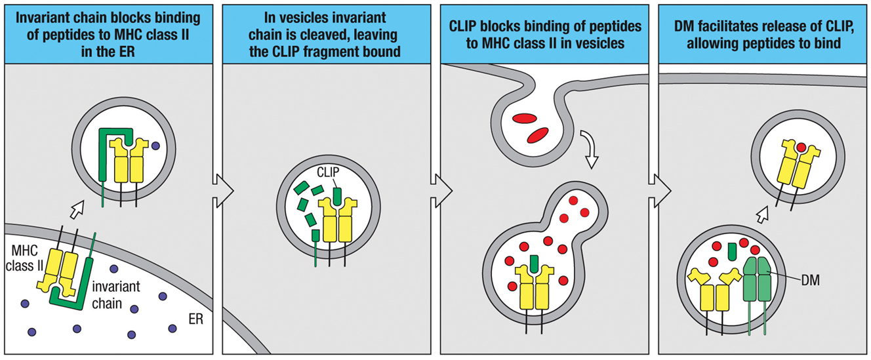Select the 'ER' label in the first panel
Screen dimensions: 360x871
coord(195,319)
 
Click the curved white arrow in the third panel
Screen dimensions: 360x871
coord(590,148)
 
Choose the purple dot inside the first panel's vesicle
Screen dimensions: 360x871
coord(155,146)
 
